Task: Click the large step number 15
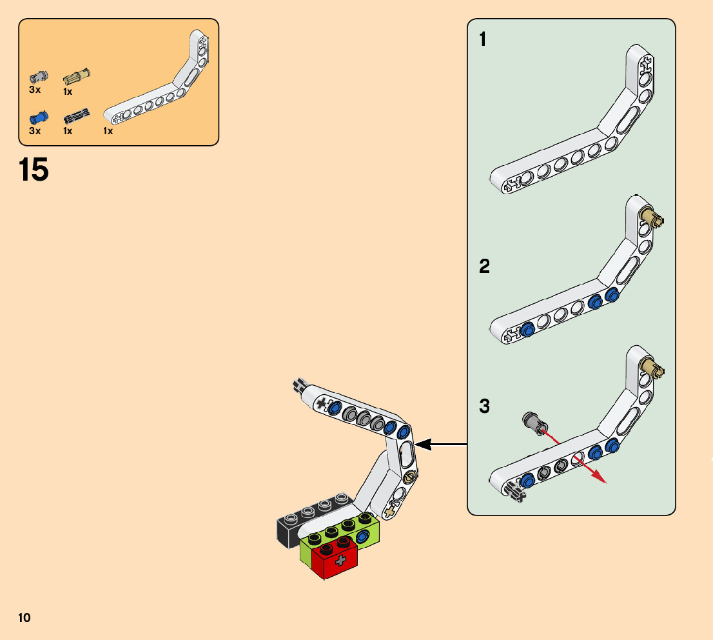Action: [x=34, y=170]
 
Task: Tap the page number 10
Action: [x=24, y=618]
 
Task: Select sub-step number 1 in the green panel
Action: [x=483, y=40]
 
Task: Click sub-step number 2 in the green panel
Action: [x=484, y=266]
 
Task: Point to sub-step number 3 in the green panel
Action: [x=484, y=407]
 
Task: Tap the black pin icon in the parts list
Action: [x=76, y=117]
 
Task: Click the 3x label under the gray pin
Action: [x=35, y=90]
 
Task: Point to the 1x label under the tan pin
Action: [x=68, y=92]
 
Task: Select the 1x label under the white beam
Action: [x=108, y=131]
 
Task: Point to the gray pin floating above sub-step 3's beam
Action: [x=535, y=421]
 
